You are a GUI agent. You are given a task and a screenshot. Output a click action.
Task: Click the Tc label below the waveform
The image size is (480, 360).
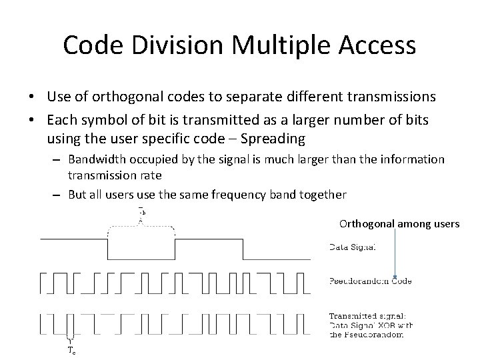[71, 349]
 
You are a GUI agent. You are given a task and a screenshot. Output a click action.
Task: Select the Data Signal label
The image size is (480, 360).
[354, 247]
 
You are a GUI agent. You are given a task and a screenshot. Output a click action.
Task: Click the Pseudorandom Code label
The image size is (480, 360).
[371, 281]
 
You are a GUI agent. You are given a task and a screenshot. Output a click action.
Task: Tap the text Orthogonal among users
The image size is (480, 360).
[399, 224]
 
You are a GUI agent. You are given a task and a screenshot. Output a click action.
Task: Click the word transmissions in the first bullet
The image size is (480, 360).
[391, 97]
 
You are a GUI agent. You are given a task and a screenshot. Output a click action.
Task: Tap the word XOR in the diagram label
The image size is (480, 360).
[393, 325]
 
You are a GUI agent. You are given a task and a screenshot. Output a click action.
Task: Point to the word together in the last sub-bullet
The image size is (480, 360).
[323, 194]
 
